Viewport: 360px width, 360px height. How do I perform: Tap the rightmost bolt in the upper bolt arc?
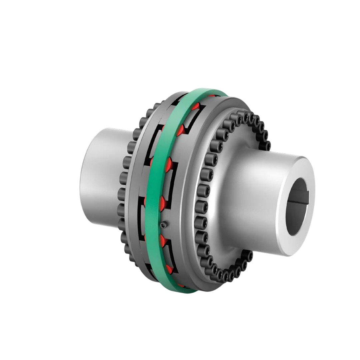click(x=267, y=146)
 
